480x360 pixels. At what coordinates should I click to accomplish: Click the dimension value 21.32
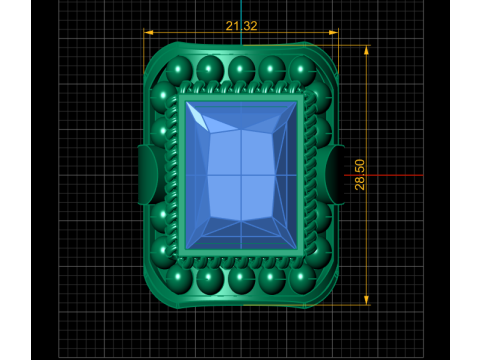tap(241, 26)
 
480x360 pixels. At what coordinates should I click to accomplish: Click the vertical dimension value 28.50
tap(360, 175)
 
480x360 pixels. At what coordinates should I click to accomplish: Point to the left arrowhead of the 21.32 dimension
tap(148, 32)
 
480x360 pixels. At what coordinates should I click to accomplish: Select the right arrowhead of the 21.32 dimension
tap(333, 32)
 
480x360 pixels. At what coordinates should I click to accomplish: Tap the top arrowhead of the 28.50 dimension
tap(366, 50)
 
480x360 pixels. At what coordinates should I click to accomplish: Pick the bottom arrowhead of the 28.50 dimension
tap(366, 300)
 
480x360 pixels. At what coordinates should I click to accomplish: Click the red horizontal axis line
tap(383, 175)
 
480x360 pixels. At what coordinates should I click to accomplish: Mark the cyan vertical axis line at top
tap(241, 22)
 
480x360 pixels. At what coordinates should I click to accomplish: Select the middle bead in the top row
tap(241, 69)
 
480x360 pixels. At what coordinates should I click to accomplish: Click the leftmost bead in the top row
tap(179, 69)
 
